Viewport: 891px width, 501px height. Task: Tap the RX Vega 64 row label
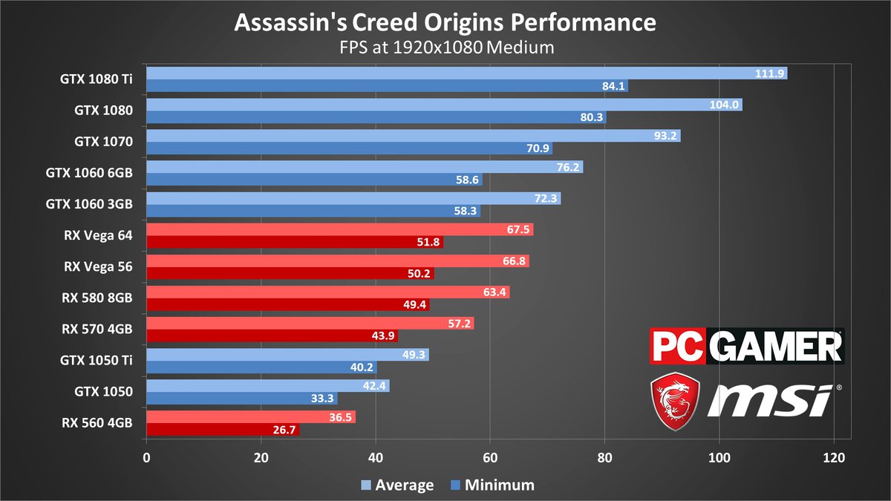tap(99, 236)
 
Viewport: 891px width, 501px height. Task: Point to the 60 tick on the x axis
tap(490, 457)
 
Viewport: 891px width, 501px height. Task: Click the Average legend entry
tap(397, 485)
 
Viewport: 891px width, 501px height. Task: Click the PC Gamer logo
tap(746, 347)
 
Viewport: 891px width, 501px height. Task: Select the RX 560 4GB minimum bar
tap(223, 429)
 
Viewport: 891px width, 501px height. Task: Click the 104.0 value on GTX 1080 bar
tap(725, 105)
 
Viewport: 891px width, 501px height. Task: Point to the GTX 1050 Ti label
tap(97, 361)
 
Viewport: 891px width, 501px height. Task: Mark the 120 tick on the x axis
tap(834, 457)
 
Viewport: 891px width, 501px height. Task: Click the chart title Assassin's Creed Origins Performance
tap(445, 23)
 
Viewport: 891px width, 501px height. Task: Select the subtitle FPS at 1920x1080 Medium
tap(445, 48)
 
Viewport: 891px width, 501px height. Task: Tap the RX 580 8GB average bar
tap(327, 292)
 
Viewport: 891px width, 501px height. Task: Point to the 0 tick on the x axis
tap(146, 457)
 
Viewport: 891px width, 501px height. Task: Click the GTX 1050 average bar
tap(267, 385)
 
